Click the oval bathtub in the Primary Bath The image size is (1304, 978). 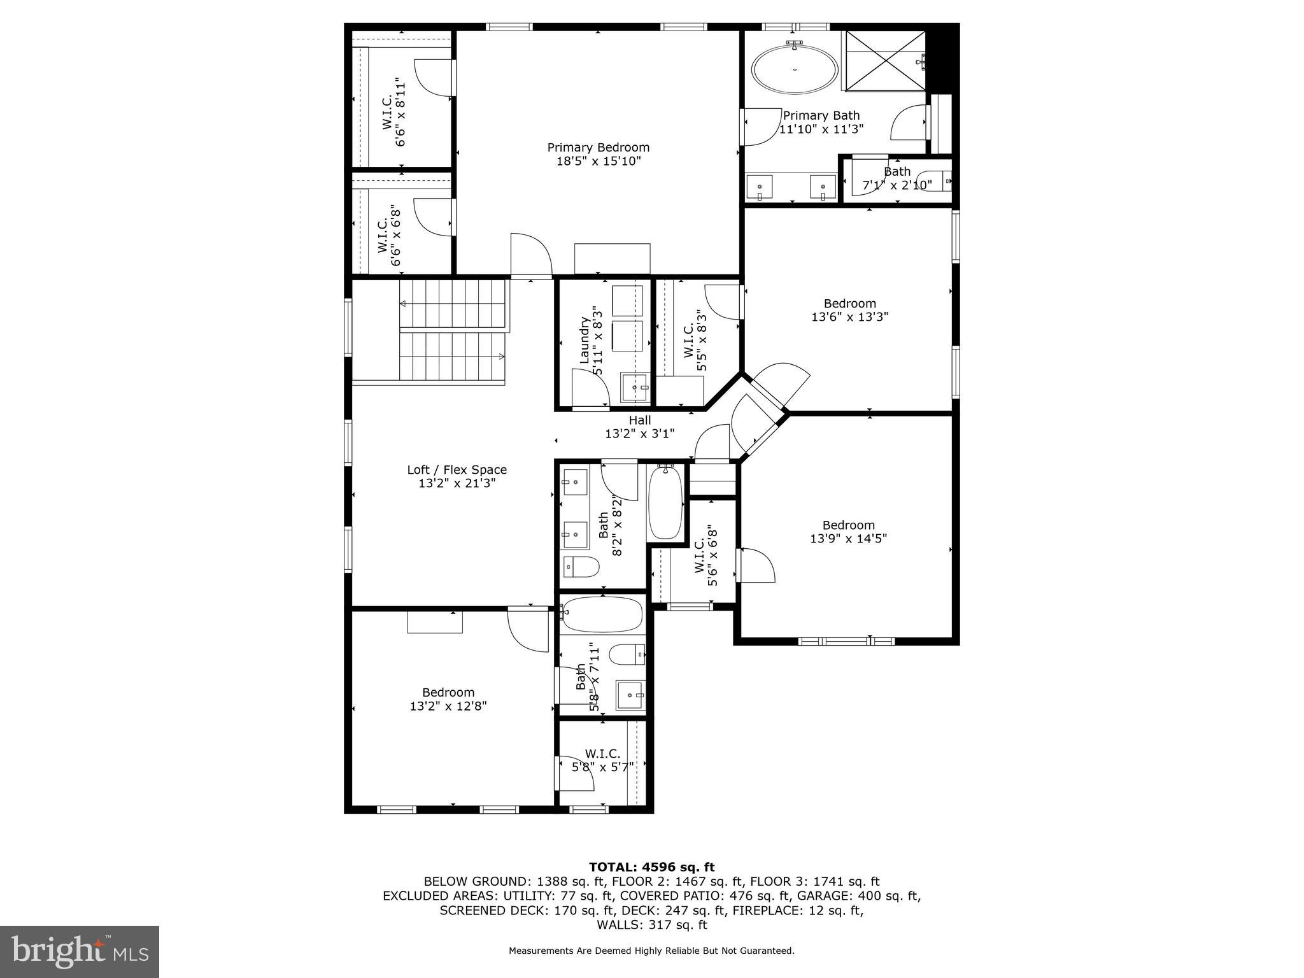(795, 69)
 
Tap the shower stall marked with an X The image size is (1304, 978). (884, 61)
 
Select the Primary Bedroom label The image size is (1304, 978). (598, 154)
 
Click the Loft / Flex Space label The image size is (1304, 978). (457, 476)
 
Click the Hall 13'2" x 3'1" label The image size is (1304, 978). (639, 427)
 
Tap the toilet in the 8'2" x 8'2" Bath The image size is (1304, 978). (581, 566)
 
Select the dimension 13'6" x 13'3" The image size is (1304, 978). (849, 316)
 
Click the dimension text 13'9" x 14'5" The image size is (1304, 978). (848, 539)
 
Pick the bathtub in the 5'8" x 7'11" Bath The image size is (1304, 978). (602, 614)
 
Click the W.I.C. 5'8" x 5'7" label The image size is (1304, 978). (602, 760)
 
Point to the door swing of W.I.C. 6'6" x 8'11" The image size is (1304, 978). (435, 78)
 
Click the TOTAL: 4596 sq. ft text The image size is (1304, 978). (651, 867)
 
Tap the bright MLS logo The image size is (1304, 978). (80, 951)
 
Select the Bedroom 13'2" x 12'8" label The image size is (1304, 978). (448, 699)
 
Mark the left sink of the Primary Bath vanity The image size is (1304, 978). (760, 187)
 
